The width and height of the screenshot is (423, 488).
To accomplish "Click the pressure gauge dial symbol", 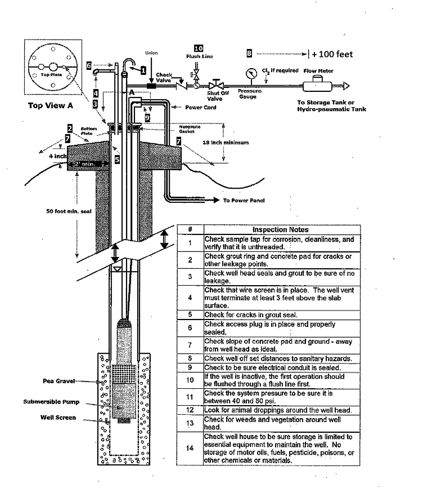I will (x=247, y=74).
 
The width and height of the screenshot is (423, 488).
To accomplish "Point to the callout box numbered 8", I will (x=249, y=54).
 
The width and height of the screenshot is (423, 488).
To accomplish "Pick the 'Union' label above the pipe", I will (x=151, y=53).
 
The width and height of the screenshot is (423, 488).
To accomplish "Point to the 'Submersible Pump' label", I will (x=52, y=402).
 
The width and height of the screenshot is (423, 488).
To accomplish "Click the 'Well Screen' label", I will (x=58, y=418).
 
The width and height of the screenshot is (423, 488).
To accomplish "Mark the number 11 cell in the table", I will (x=190, y=397).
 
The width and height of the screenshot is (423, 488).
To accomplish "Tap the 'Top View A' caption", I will (x=50, y=105).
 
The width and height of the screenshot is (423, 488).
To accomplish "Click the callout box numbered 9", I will (x=147, y=118).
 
